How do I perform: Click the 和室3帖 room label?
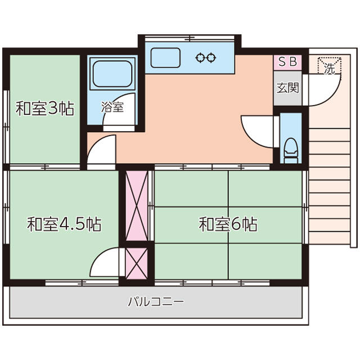(x=44, y=109)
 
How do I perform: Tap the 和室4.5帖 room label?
(x=64, y=225)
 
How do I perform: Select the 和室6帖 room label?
(x=228, y=225)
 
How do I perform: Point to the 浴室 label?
(x=112, y=106)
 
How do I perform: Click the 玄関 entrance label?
(x=287, y=88)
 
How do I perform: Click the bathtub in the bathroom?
(x=112, y=74)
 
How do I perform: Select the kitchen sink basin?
(x=165, y=58)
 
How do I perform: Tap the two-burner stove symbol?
(x=205, y=57)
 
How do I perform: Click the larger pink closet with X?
(x=136, y=205)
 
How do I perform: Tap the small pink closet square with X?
(x=136, y=262)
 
